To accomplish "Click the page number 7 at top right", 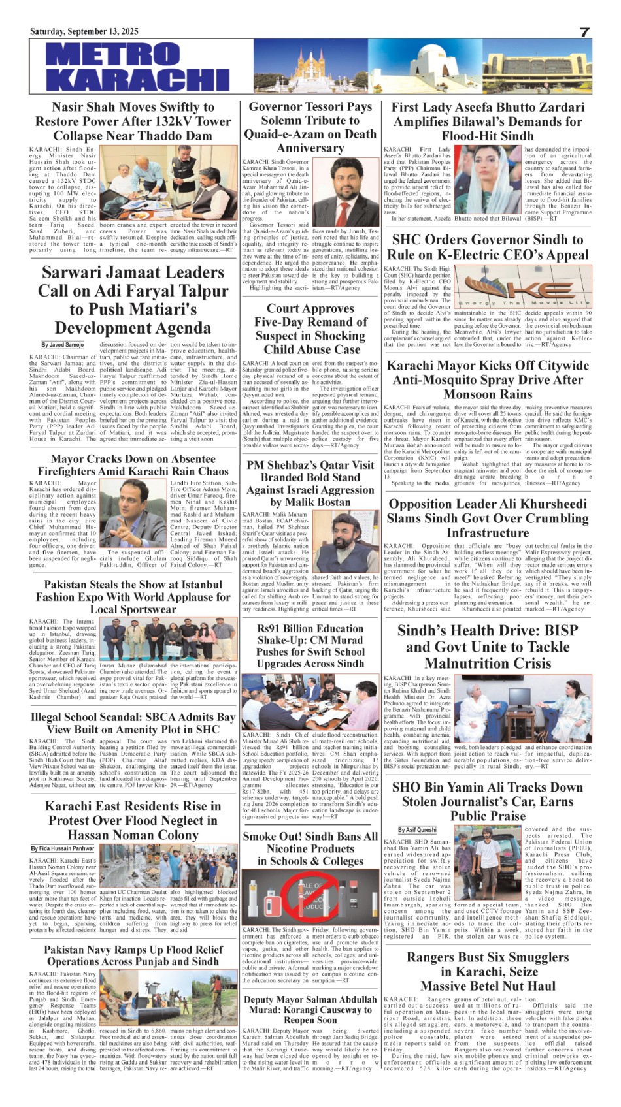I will click(x=584, y=33).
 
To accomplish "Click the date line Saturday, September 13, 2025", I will click(x=84, y=31).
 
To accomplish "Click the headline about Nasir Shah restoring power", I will click(x=133, y=121).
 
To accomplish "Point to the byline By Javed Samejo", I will click(x=63, y=345).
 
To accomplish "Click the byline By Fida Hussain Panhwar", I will click(x=63, y=848).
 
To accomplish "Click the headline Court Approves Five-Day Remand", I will click(x=310, y=329).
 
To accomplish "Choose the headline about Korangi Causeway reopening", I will click(x=310, y=1010).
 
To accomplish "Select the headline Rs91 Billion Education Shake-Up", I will click(x=310, y=646).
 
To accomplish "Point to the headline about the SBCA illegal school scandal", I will click(x=133, y=722).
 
